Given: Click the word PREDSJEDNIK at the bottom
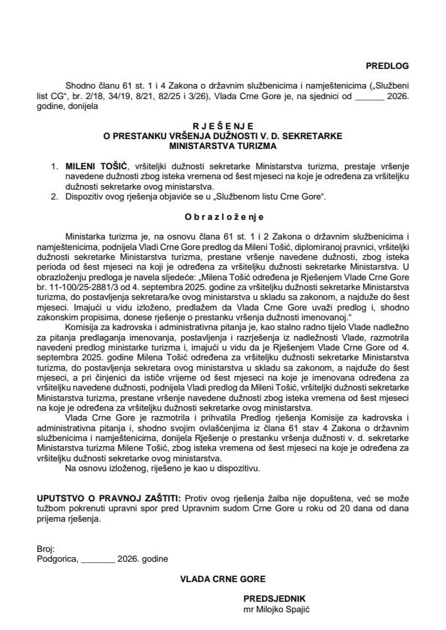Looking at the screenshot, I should [274, 599].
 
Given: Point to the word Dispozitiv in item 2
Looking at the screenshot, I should [87, 196].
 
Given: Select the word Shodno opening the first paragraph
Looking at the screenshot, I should [79, 86].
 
